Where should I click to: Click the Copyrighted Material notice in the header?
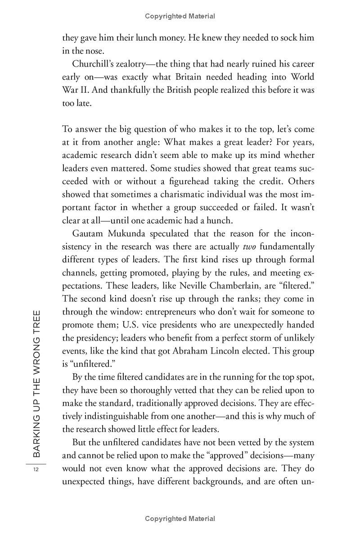click(x=180, y=16)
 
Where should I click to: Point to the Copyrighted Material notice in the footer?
click(x=180, y=519)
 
